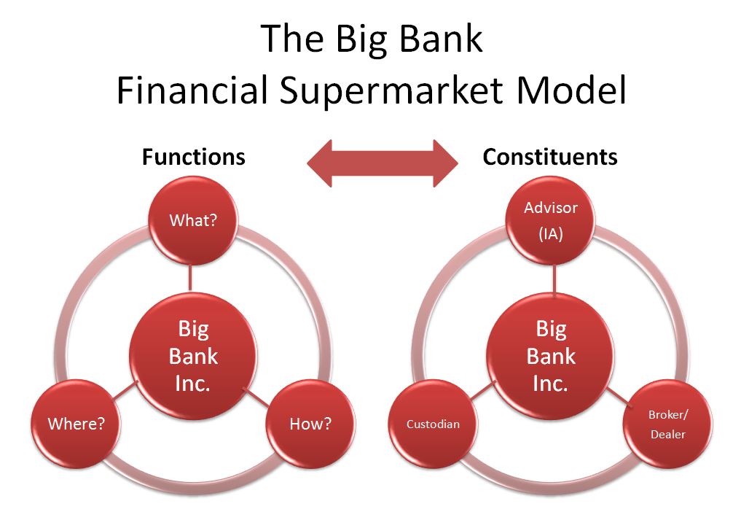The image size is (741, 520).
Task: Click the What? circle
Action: pos(193,220)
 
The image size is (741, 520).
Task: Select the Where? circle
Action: pos(76,424)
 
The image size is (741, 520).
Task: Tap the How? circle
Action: pos(310,424)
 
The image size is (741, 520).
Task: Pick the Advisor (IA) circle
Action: pos(551,220)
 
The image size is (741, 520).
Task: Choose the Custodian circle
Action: pos(433,424)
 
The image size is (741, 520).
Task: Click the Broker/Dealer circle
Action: pos(667,424)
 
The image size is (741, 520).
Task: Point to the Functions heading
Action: pos(194,157)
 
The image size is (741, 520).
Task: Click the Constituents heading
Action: pos(550,157)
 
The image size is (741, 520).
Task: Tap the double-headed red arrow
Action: pos(383,163)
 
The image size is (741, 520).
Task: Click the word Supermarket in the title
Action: pos(391,90)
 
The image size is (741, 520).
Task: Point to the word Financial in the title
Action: pos(192,89)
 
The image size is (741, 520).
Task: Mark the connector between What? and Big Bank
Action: pos(190,278)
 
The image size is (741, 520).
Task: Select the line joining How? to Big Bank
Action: pos(255,397)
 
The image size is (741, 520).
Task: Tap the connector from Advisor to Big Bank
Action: pos(554,279)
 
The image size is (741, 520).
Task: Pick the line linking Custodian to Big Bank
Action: pos(484,390)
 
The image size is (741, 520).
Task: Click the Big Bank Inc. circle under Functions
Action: pos(193,356)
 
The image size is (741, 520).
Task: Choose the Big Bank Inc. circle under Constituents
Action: pos(551,356)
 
